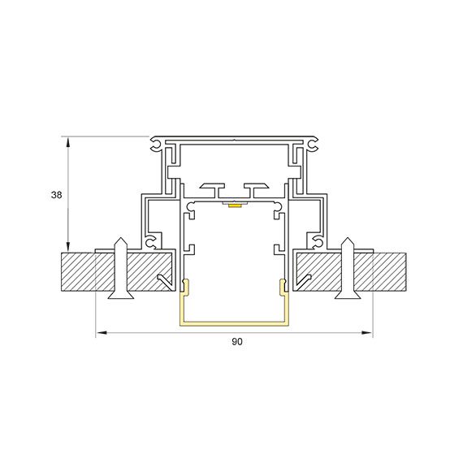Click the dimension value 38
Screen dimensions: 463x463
coord(56,195)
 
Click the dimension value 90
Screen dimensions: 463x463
coord(237,342)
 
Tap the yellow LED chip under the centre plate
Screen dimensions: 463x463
coord(234,206)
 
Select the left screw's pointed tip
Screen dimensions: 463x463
coord(121,238)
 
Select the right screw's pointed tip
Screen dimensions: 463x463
coord(348,238)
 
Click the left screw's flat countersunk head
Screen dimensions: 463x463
coord(121,295)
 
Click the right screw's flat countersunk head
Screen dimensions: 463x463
coord(348,295)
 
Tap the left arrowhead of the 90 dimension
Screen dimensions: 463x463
coord(102,333)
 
